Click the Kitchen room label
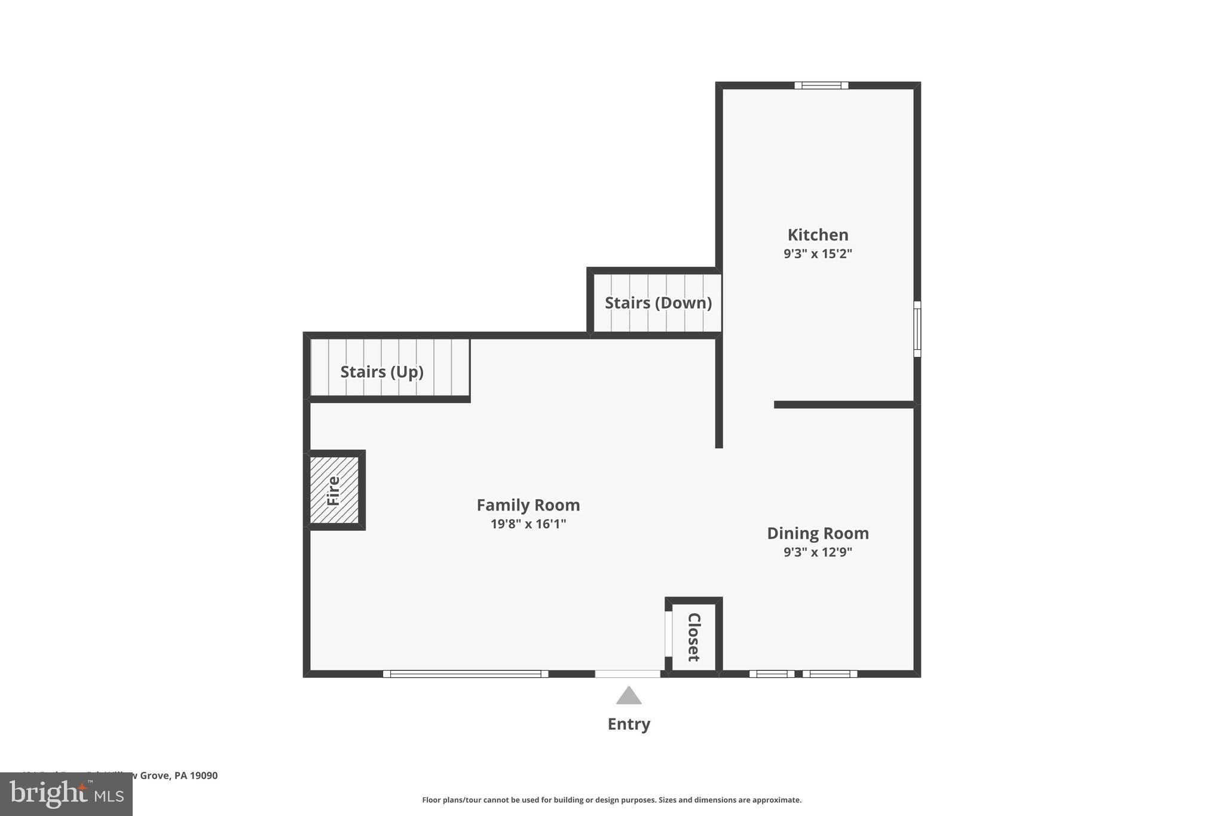click(818, 235)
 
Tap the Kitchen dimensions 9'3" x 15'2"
click(818, 253)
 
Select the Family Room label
click(528, 505)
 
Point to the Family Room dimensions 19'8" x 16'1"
click(528, 524)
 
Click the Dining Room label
click(818, 533)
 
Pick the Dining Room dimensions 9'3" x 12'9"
click(818, 552)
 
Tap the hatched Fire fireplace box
click(334, 490)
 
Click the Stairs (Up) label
click(382, 372)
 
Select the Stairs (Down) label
click(658, 303)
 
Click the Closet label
click(693, 637)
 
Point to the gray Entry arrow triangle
click(629, 696)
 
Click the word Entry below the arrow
click(629, 724)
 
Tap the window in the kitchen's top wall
click(821, 85)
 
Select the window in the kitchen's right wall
click(917, 329)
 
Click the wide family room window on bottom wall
click(465, 674)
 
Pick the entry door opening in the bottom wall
click(628, 674)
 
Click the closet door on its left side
click(668, 634)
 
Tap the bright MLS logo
click(66, 794)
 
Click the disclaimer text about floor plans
click(611, 800)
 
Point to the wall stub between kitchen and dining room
click(844, 405)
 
